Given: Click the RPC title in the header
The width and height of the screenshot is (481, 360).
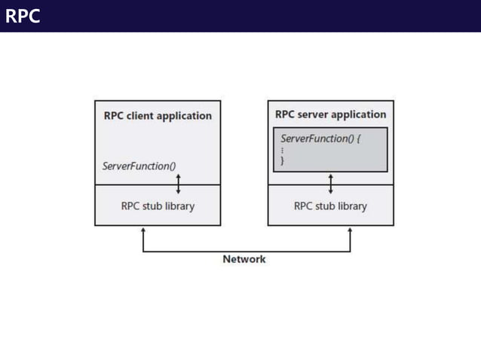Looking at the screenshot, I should click(23, 17).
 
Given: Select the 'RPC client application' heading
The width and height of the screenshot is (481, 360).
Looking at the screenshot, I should click(158, 116).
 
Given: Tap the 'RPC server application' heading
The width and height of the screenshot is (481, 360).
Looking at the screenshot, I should click(330, 114).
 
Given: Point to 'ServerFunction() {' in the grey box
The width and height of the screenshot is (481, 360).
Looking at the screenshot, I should click(321, 139).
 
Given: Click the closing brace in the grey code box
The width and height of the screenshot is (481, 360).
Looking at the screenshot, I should click(283, 160).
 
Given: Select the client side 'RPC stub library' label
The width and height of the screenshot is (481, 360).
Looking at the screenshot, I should click(158, 206).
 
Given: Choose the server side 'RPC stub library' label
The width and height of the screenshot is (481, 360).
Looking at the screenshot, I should click(330, 206).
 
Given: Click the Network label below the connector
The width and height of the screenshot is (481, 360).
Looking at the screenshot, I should click(244, 259).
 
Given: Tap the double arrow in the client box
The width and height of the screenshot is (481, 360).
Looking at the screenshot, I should click(179, 183).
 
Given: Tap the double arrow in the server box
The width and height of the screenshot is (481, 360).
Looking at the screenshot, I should click(330, 183).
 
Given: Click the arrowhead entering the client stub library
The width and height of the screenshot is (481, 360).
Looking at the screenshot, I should click(143, 230).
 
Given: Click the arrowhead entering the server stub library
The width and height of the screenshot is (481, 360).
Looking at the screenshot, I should click(350, 230).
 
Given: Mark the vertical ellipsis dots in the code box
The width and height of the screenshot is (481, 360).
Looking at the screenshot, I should click(283, 151).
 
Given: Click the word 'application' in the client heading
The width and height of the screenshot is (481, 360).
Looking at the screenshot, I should click(185, 116).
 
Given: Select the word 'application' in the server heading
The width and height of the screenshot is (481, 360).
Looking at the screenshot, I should click(358, 114).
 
